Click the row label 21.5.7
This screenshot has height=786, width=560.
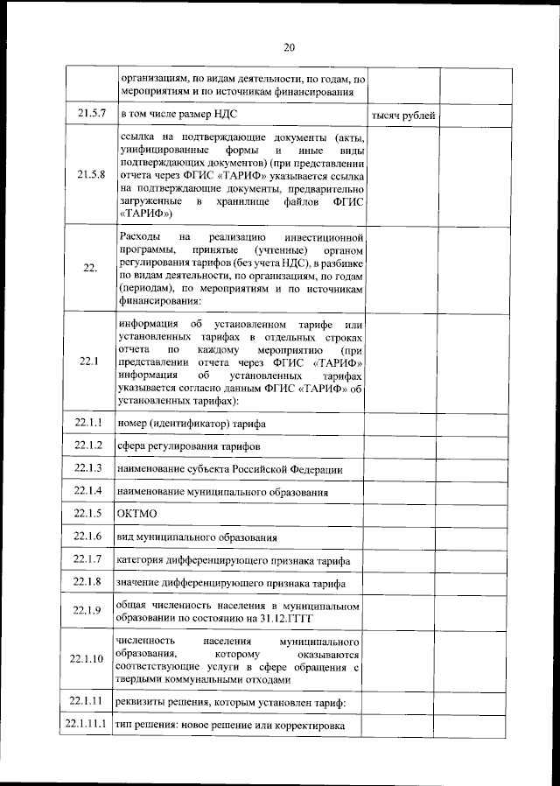pyautogui.click(x=91, y=114)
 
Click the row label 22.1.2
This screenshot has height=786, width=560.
pyautogui.click(x=89, y=446)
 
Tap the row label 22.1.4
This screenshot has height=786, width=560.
pyautogui.click(x=89, y=491)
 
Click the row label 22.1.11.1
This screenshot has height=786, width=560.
pyautogui.click(x=87, y=725)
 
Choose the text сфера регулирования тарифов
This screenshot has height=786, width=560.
pyautogui.click(x=189, y=447)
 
